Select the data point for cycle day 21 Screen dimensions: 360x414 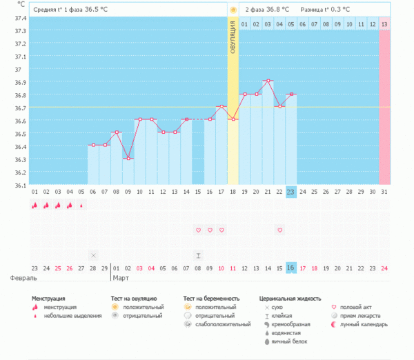tap(268, 81)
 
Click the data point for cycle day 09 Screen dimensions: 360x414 tap(128, 159)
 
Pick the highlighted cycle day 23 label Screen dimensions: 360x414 tap(291, 192)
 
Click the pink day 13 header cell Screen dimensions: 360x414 tap(384, 24)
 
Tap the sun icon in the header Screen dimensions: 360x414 tap(233, 10)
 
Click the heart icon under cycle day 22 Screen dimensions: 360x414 tap(279, 230)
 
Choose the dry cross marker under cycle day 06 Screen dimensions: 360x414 tap(93, 255)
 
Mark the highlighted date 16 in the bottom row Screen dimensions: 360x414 tap(291, 268)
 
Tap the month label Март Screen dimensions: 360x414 tap(121, 279)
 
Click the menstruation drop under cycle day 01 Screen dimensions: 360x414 tap(34, 205)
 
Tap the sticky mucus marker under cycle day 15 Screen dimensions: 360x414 tap(198, 255)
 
